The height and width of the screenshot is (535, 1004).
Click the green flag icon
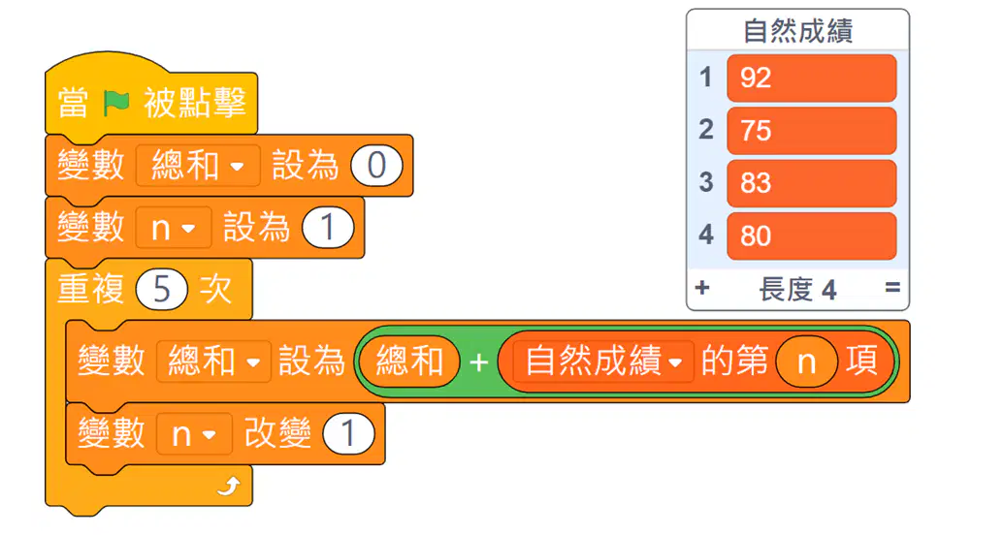[x=116, y=103]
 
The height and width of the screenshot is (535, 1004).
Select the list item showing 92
[x=811, y=79]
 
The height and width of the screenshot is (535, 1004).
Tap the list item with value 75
[x=811, y=131]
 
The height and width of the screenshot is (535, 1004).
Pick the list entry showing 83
[x=811, y=183]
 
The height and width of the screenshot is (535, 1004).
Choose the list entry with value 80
[x=811, y=236]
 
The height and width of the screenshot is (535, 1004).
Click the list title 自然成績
[x=797, y=31]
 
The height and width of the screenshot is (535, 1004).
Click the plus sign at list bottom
[x=701, y=288]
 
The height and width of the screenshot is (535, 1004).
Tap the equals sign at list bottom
[x=892, y=288]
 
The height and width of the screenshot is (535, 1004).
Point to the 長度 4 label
[x=797, y=289]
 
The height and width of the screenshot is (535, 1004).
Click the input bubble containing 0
[x=376, y=166]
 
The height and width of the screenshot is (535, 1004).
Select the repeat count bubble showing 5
[x=161, y=290]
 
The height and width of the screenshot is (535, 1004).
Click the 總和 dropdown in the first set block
[x=198, y=166]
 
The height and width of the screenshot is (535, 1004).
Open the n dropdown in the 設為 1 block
[x=174, y=228]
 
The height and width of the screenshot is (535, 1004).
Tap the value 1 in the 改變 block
[x=348, y=433]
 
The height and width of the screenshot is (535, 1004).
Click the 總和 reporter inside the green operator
[x=409, y=362]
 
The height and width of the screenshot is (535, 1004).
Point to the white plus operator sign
[x=478, y=362]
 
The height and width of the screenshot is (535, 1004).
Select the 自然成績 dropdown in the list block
[x=602, y=362]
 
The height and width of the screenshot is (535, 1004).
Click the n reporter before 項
[x=807, y=362]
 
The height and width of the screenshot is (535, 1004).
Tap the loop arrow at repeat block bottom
[x=229, y=487]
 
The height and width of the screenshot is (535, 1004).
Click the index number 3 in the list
[x=705, y=183]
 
